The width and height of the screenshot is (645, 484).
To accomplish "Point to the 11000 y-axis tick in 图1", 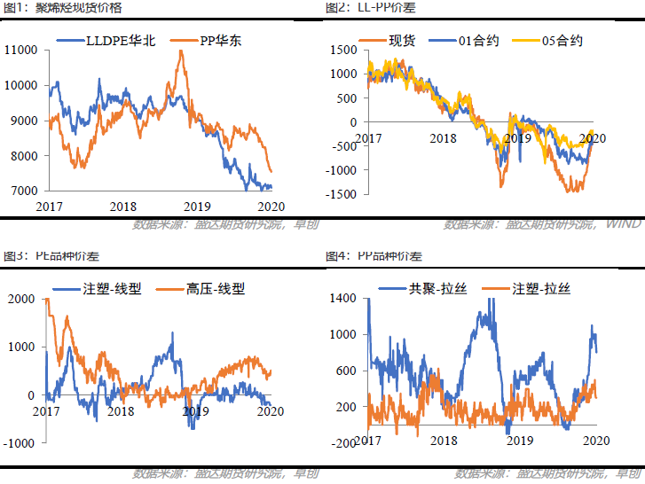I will click(x=20, y=50).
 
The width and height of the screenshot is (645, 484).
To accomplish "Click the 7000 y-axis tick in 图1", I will click(x=24, y=191).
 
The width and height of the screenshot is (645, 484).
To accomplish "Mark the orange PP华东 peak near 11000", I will click(x=182, y=51).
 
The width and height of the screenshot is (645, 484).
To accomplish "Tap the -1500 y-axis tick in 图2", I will click(x=342, y=194).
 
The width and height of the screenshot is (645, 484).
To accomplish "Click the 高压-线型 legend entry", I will click(x=215, y=288).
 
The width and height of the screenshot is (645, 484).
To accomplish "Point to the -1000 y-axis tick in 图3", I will click(x=20, y=442).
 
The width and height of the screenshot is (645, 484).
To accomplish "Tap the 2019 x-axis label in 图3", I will click(x=193, y=411).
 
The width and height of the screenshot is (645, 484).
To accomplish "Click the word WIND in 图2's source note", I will click(x=625, y=223).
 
